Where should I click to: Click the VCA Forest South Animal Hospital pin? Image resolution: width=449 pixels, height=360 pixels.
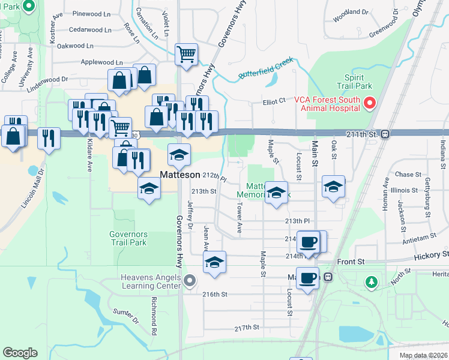tap(370, 104)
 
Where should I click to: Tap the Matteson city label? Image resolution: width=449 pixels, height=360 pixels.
tap(180, 175)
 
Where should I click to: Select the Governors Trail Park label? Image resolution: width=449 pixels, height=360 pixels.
tap(128, 239)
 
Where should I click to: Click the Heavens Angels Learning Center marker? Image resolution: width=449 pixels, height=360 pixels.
tap(190, 280)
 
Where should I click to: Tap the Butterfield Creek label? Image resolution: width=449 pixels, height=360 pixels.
tap(265, 68)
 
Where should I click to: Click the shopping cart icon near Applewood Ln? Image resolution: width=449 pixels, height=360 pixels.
tap(186, 55)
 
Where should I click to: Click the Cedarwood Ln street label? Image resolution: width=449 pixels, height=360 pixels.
tap(90, 29)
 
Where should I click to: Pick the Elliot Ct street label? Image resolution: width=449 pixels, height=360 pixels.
tap(274, 102)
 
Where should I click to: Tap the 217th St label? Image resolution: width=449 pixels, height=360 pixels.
tap(246, 328)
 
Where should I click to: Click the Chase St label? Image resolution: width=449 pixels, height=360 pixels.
tap(408, 175)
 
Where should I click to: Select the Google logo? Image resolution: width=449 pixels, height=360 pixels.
tap(20, 352)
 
